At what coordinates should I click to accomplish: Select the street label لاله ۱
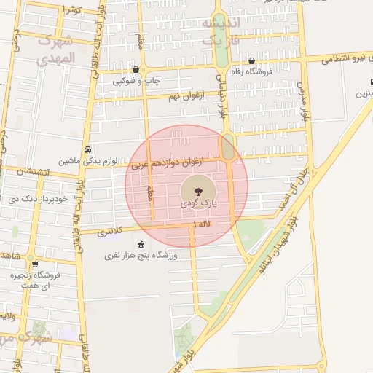[x=202, y=226]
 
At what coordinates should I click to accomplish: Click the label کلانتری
[x=111, y=232]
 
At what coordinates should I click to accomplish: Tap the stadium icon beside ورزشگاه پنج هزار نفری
[x=141, y=243]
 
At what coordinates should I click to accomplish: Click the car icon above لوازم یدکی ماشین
[x=88, y=148]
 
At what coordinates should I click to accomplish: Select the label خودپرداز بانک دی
[x=38, y=198]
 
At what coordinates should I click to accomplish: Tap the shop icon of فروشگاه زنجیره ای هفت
[x=35, y=264]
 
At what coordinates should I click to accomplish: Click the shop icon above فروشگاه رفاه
[x=251, y=60]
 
